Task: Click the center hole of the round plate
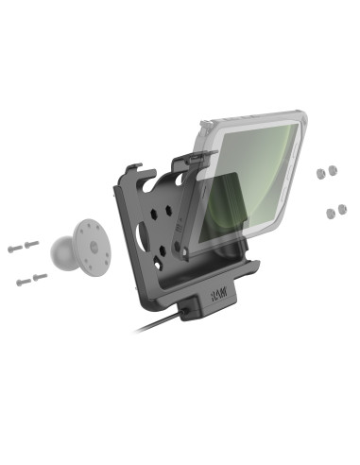(94, 247)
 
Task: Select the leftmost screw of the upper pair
(15, 249)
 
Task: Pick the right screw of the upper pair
(31, 244)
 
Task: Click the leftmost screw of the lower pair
(24, 282)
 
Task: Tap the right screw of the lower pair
(40, 277)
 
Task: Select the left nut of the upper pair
(320, 173)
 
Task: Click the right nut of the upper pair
(333, 170)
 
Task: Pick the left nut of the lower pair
(331, 214)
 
